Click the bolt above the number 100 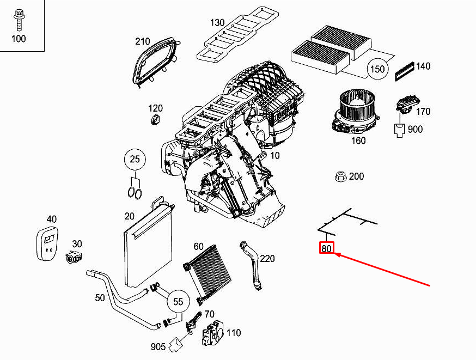[19, 20]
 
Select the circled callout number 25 [135, 160]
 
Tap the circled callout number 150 [377, 69]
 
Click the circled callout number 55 [178, 302]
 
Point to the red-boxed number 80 [327, 248]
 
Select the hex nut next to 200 [340, 176]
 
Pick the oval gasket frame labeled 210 [155, 62]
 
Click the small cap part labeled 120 [155, 120]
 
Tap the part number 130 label [217, 22]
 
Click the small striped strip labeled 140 [404, 71]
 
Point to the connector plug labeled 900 [400, 130]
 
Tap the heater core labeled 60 [208, 274]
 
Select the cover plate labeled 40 [47, 243]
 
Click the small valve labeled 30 [74, 258]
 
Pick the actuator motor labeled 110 [213, 333]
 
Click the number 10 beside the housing [274, 155]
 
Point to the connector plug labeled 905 [176, 345]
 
